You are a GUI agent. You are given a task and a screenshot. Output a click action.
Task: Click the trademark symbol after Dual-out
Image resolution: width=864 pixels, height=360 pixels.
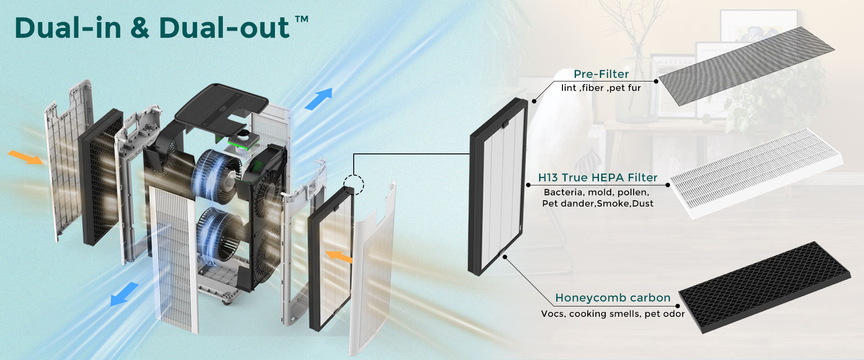click(301, 19)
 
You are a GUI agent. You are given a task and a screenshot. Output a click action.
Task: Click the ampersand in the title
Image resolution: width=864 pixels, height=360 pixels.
click(140, 28)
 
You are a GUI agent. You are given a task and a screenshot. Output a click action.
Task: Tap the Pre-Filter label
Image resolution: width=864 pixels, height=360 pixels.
click(601, 74)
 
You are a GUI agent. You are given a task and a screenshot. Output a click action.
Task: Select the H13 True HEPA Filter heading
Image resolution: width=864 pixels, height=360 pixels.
click(598, 178)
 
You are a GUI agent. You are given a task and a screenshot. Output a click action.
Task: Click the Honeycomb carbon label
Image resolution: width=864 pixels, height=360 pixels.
click(613, 298)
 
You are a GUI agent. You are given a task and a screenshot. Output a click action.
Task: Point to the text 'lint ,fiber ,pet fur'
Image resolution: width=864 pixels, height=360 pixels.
click(601, 88)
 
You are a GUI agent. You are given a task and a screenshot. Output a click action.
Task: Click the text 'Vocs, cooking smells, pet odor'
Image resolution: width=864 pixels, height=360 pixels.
click(613, 314)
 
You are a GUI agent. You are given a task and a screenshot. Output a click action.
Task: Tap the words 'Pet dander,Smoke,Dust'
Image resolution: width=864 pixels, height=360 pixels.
click(598, 203)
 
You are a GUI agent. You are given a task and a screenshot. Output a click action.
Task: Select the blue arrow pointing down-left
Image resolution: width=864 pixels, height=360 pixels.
click(124, 294)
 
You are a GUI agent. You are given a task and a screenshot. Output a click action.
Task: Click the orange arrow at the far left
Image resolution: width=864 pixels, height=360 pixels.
click(26, 157)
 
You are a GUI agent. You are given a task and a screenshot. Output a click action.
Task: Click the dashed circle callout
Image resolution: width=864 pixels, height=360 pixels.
click(354, 184)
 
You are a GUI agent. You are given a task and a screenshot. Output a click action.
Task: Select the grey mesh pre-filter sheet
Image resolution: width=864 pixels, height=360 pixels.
click(746, 66)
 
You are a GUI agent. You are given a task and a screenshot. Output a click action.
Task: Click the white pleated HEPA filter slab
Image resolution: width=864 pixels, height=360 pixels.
click(756, 173)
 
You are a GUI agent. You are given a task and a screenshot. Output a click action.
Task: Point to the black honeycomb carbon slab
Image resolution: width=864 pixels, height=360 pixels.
click(764, 287)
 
